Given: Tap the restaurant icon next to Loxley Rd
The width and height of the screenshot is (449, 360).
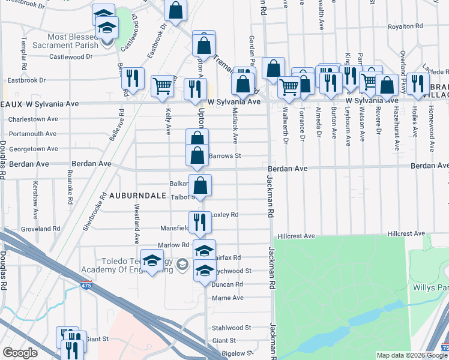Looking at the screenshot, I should [x=200, y=222].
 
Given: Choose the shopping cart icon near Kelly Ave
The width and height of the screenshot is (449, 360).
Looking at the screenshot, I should [x=163, y=86].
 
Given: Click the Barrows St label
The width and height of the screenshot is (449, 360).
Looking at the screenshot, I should [x=225, y=156].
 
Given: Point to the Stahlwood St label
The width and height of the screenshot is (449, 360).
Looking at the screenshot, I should [x=231, y=328].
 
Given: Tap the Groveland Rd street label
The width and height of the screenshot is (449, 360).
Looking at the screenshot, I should [x=41, y=229].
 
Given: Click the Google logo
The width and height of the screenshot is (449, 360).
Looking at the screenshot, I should [x=20, y=352].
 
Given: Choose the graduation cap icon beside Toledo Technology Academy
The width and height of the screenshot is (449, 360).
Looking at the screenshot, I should [x=152, y=261].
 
